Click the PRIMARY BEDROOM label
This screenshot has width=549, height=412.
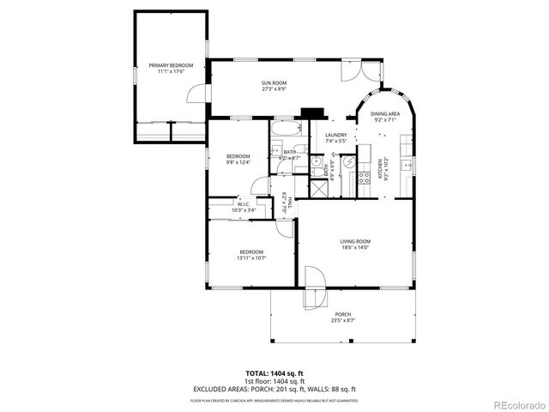[170, 65]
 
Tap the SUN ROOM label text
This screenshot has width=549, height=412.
[274, 83]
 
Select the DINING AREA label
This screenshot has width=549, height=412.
[384, 114]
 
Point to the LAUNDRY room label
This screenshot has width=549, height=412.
[335, 135]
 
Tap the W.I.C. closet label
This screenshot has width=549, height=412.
[243, 204]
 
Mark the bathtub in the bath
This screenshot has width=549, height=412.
[285, 130]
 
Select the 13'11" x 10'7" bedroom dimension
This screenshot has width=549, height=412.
[250, 257]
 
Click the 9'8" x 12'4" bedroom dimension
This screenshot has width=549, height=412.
[238, 162]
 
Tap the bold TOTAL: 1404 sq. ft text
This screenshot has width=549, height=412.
[274, 373]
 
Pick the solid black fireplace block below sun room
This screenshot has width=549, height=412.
[311, 112]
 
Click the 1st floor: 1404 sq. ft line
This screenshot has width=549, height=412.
[274, 380]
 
